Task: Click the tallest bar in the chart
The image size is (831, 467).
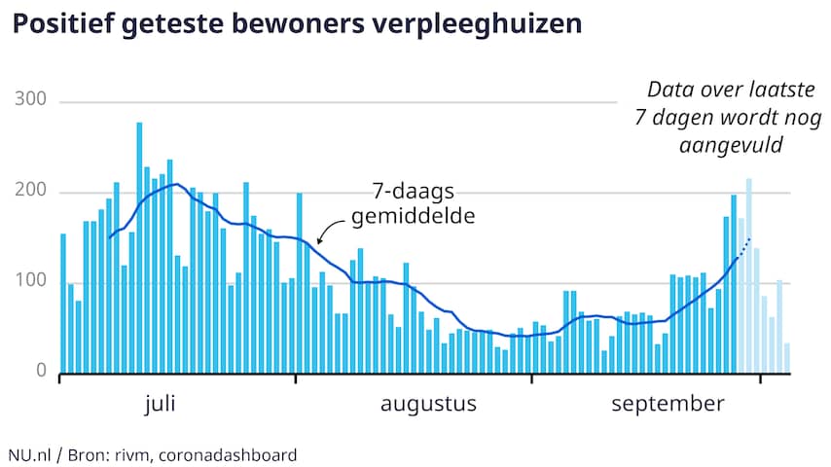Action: pos(139,248)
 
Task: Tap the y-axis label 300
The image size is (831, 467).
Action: pos(33,102)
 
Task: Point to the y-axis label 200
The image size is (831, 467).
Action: pos(33,193)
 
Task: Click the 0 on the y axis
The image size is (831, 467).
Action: pos(42,371)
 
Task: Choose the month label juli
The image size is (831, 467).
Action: pos(161,404)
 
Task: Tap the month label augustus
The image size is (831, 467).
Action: pos(428,404)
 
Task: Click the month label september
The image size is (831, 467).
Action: pos(668,404)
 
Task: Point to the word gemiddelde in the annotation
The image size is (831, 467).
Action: pos(414,215)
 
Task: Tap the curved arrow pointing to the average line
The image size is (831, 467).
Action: pos(330,230)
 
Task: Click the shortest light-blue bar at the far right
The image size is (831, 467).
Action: pos(787,358)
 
